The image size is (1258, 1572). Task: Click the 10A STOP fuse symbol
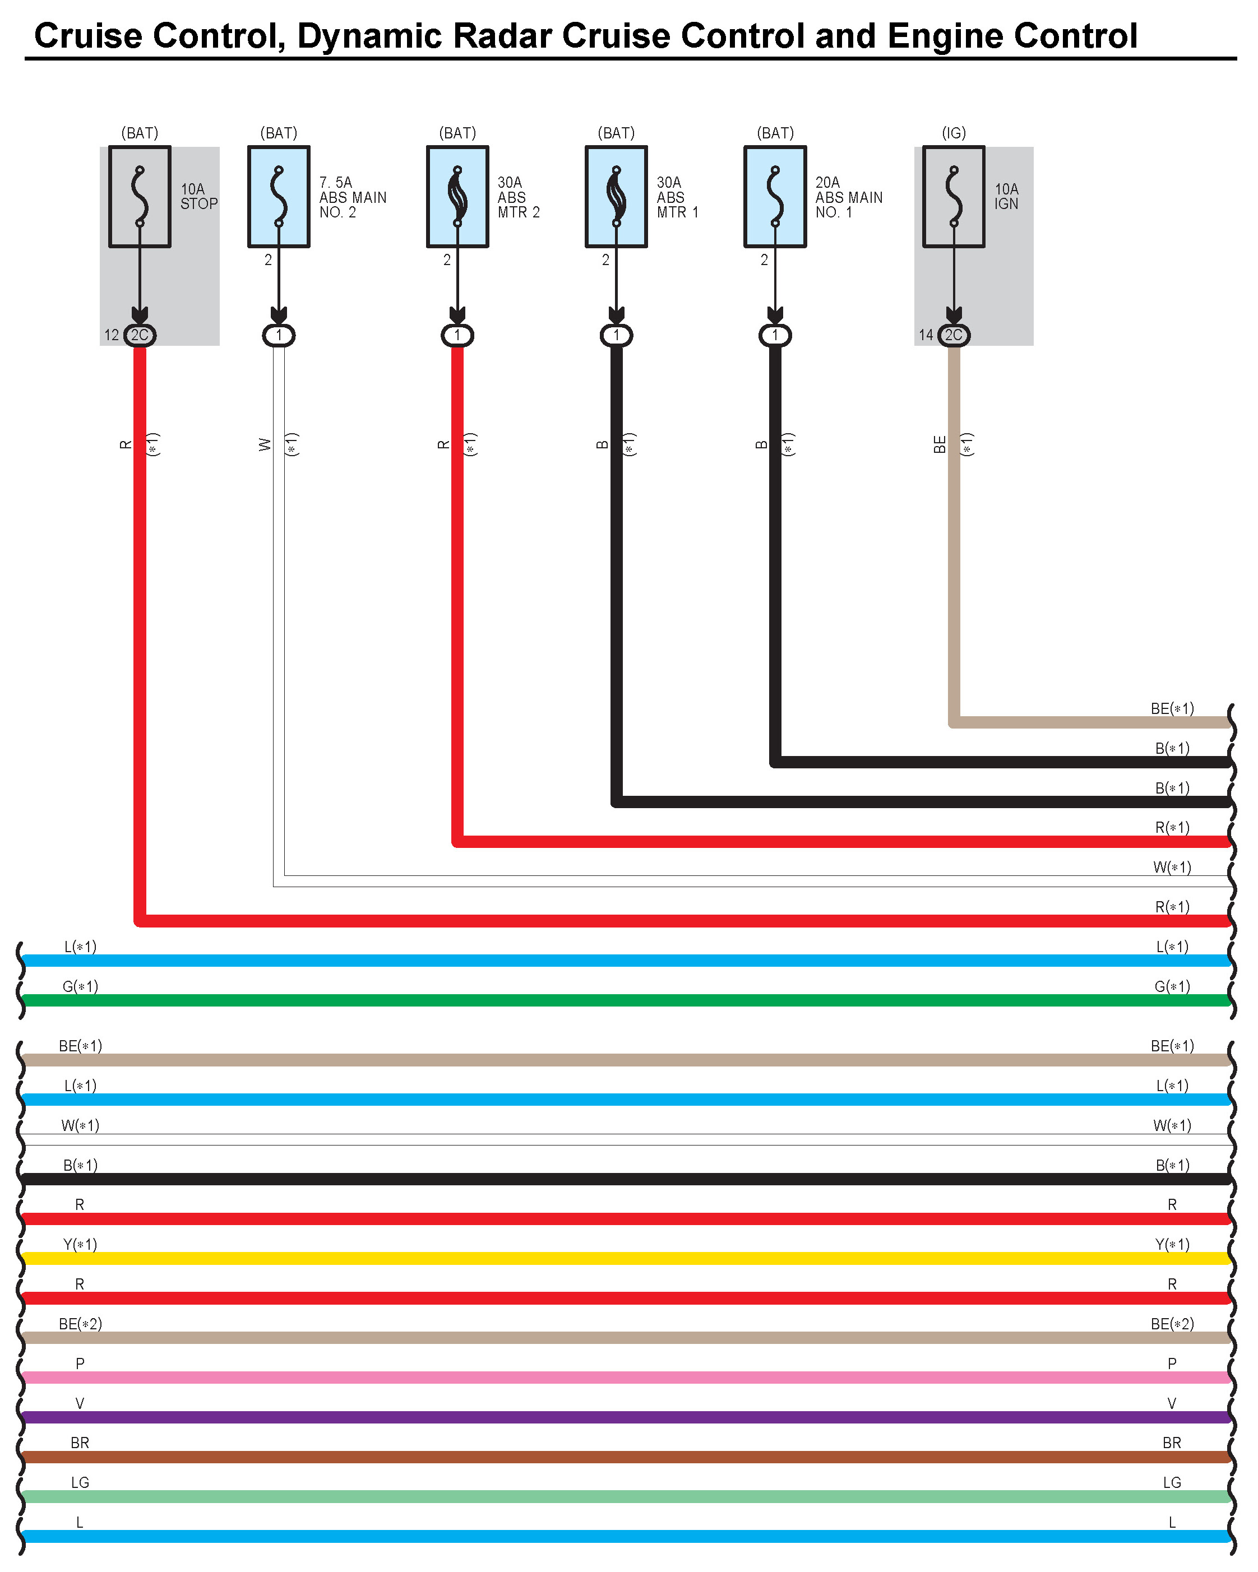[139, 197]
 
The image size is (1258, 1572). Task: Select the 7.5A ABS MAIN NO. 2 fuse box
[279, 197]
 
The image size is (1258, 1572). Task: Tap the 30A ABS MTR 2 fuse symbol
[457, 197]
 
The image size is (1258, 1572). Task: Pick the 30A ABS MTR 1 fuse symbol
[616, 197]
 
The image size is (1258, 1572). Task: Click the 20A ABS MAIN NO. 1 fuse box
[775, 197]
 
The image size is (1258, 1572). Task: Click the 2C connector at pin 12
[139, 335]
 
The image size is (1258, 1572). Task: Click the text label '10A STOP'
[198, 196]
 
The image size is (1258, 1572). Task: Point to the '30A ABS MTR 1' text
[677, 197]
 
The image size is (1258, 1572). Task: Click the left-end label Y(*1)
[80, 1245]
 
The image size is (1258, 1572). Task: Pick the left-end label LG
[80, 1483]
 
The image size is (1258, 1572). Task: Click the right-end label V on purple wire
[1172, 1403]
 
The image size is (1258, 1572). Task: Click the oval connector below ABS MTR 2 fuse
[457, 335]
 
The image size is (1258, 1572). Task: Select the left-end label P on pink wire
[80, 1364]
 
